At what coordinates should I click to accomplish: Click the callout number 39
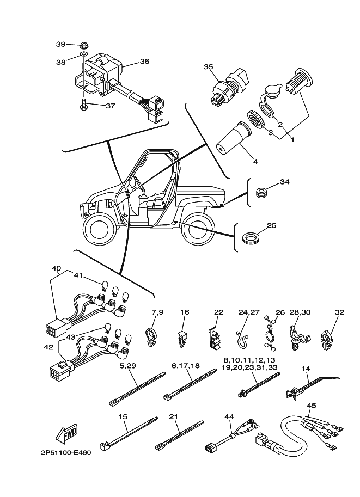(61, 44)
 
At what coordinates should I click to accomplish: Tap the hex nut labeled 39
(84, 45)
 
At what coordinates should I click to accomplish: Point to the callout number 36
(144, 61)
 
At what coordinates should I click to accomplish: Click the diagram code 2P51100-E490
(66, 452)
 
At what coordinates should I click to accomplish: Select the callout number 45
(312, 406)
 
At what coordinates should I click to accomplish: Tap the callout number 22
(218, 312)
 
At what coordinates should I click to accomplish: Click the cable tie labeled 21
(179, 435)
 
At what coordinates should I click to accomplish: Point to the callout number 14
(307, 369)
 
